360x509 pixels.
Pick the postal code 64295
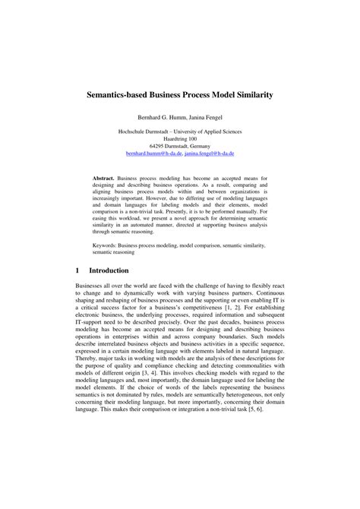[159, 146]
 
